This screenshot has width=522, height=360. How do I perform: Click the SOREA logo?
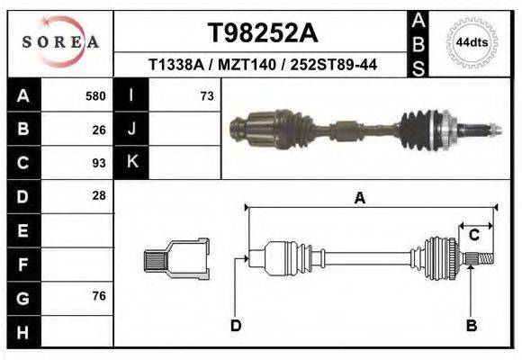(59, 41)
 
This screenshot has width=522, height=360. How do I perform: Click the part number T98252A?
(262, 33)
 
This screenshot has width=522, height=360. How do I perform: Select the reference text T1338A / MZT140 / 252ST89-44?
(262, 65)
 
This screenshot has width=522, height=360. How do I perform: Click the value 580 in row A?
(95, 95)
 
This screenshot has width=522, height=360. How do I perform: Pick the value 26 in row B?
(99, 129)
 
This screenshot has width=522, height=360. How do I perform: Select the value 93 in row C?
(99, 163)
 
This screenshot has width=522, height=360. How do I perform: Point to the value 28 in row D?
(99, 195)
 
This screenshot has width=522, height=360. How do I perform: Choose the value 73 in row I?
(206, 95)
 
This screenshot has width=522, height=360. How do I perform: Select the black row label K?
(131, 163)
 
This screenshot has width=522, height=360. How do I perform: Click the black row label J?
(131, 129)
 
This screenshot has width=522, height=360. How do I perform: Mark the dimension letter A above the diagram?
(359, 199)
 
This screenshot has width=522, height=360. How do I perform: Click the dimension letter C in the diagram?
(473, 235)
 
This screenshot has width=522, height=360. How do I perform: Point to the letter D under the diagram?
(235, 325)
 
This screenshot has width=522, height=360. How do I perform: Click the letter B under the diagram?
(470, 325)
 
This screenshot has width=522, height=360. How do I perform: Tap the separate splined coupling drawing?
(176, 260)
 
